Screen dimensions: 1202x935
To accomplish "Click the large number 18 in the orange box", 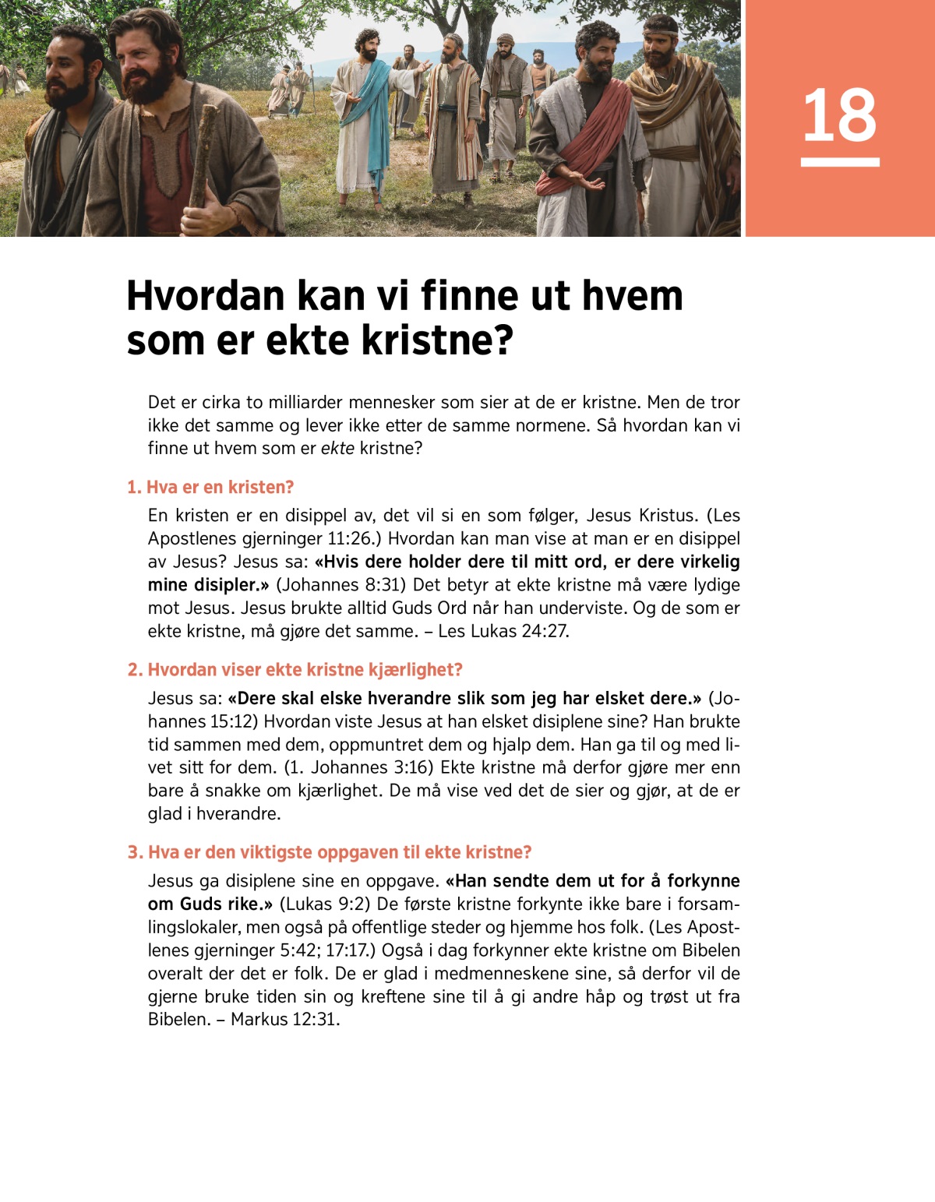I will (x=839, y=115).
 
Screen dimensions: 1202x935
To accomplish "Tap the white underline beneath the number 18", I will (x=839, y=162).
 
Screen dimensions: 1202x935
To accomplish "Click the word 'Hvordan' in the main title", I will (x=206, y=296).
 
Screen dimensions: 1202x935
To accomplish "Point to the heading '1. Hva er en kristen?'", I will (x=210, y=487).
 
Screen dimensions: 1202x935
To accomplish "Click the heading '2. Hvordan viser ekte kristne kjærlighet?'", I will (x=295, y=669).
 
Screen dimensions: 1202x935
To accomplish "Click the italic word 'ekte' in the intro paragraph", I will (x=337, y=448).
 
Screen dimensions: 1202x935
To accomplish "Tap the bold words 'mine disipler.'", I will (x=208, y=584).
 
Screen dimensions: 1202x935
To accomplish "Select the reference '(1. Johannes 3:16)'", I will (x=358, y=767).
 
